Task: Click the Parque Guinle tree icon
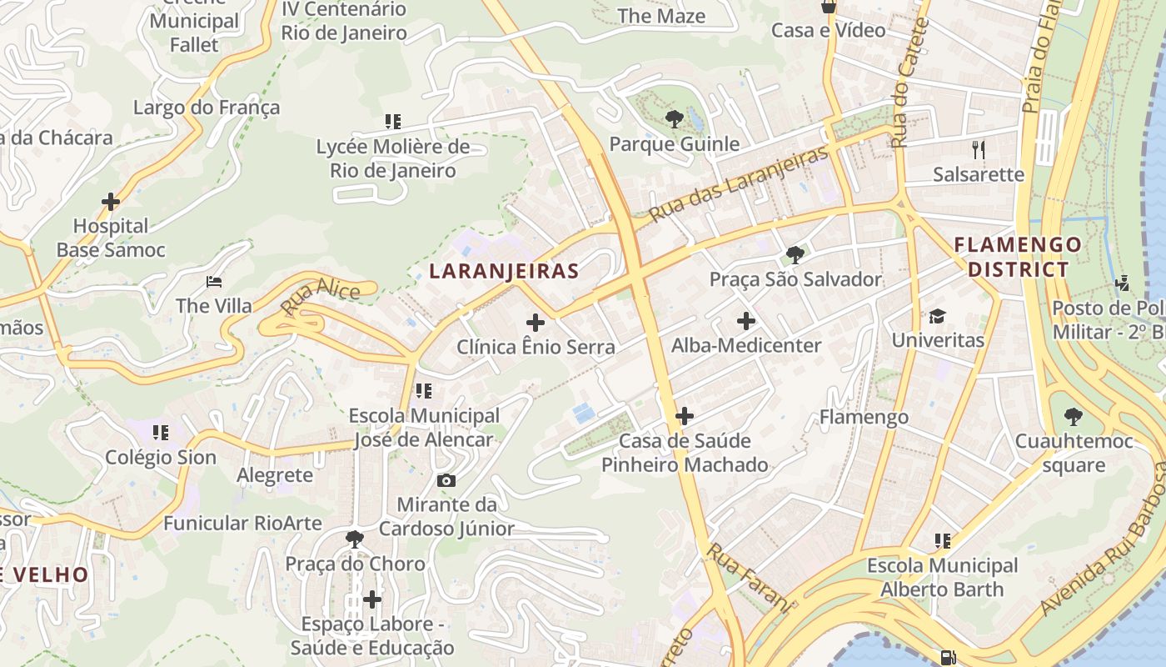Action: point(675,119)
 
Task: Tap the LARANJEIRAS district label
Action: point(504,271)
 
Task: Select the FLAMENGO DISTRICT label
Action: point(1018,257)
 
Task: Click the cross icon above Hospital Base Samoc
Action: point(111,202)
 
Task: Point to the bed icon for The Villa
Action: point(214,282)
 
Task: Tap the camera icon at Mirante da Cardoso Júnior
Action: point(446,480)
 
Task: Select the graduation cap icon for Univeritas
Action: point(938,316)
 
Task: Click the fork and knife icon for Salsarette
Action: point(979,150)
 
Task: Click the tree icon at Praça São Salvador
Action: point(795,254)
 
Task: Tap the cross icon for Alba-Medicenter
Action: point(746,321)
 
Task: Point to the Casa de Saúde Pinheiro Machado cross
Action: point(685,416)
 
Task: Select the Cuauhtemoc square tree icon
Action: point(1074,416)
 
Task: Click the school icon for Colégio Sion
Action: point(161,433)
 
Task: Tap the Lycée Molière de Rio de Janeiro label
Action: point(393,158)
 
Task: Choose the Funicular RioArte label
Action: point(242,523)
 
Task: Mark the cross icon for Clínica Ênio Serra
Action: point(536,322)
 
